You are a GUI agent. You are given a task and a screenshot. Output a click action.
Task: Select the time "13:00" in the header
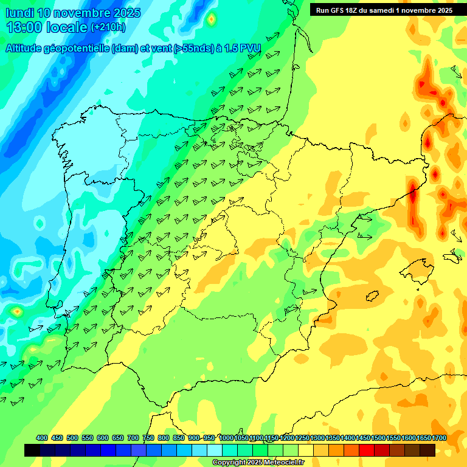click(x=22, y=27)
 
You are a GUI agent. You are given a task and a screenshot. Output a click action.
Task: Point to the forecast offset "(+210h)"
click(x=108, y=27)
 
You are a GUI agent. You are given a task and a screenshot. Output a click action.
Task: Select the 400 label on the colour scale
click(x=42, y=438)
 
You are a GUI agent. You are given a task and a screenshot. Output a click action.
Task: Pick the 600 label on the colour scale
click(x=103, y=438)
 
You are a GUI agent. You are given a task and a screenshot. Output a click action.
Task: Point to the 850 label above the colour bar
click(x=179, y=438)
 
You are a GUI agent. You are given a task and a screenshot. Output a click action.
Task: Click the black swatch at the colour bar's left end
click(x=32, y=450)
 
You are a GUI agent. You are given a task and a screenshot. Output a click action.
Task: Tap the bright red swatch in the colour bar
click(x=367, y=450)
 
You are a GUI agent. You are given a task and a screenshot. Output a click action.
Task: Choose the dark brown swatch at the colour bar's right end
click(x=427, y=450)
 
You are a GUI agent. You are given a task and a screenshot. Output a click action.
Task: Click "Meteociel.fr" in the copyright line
click(x=280, y=463)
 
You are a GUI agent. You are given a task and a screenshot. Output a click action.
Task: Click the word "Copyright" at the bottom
click(x=229, y=463)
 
